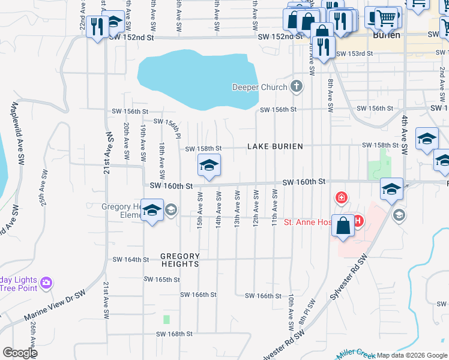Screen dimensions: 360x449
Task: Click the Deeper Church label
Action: [260, 88]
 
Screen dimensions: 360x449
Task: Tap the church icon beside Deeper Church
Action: [296, 87]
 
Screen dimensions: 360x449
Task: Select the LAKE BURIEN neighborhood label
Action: [276, 146]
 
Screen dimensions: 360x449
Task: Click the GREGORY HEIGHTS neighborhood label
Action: [180, 260]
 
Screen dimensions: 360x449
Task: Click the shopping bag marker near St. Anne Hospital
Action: [343, 227]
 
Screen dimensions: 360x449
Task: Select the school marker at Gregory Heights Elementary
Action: [152, 211]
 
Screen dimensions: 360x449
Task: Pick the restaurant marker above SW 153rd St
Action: [324, 46]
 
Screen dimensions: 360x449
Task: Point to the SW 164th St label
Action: [130, 260]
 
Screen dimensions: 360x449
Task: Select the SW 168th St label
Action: [174, 334]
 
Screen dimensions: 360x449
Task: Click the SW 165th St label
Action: [162, 280]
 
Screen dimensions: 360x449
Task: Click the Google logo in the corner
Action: [20, 353]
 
